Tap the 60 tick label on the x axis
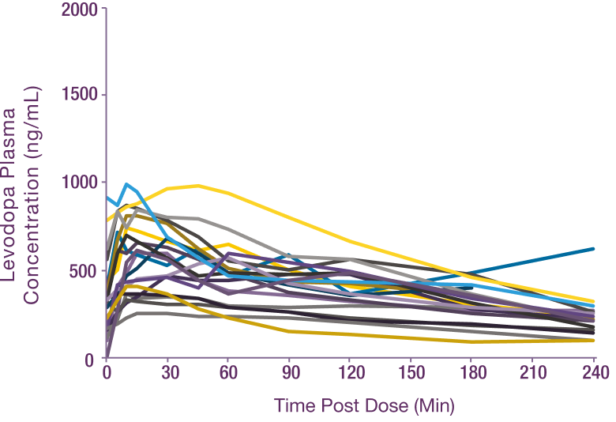pyautogui.click(x=231, y=373)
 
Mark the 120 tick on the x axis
pyautogui.click(x=351, y=373)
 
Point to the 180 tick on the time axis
pyautogui.click(x=472, y=373)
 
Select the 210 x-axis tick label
pyautogui.click(x=533, y=373)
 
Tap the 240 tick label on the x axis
pyautogui.click(x=594, y=373)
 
